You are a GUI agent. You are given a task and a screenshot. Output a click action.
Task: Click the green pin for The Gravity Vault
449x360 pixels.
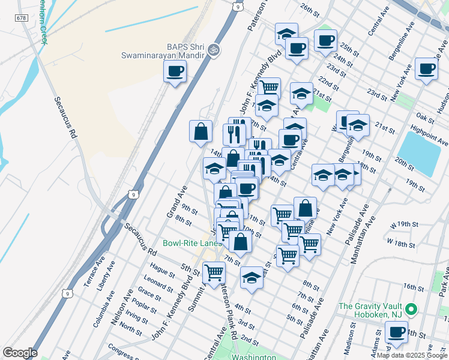411,310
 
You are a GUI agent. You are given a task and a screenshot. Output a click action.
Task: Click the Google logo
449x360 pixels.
20,352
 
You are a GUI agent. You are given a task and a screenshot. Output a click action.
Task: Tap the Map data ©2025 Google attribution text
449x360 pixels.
412,355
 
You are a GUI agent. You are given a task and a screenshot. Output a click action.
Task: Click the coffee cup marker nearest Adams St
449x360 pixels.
396,332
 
